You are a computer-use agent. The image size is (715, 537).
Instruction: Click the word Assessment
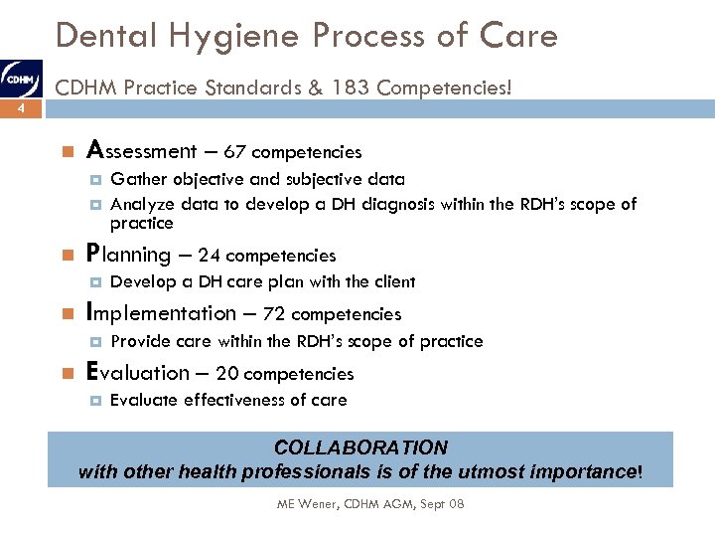pos(142,151)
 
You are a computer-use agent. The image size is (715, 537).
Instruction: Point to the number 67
pos(235,152)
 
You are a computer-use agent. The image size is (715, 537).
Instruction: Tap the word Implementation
pos(163,313)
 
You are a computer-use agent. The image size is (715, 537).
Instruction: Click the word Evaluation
pos(138,373)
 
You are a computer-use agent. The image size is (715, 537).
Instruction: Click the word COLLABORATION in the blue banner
pos(360,447)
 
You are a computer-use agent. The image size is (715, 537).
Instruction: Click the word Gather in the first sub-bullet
pos(138,180)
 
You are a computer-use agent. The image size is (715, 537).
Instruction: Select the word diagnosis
pos(393,205)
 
